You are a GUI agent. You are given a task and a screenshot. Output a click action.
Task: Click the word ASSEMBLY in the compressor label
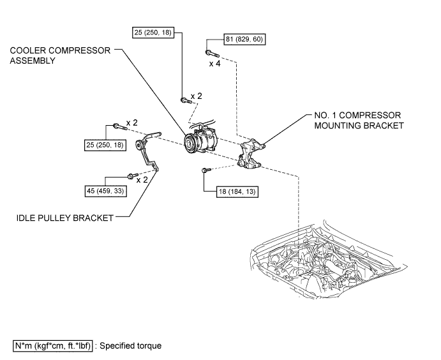pyautogui.click(x=33, y=61)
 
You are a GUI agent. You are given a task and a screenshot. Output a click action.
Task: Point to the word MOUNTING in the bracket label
pyautogui.click(x=334, y=126)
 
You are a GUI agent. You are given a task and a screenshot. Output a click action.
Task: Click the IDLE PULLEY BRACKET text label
pyautogui.click(x=65, y=218)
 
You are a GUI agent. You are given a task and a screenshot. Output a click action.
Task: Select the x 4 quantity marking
pyautogui.click(x=215, y=64)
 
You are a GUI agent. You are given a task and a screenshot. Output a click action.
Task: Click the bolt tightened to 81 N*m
pyautogui.click(x=212, y=53)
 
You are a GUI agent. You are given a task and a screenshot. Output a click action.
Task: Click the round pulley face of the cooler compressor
pyautogui.click(x=190, y=144)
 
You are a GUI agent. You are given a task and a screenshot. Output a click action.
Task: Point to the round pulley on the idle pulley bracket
pyautogui.click(x=139, y=146)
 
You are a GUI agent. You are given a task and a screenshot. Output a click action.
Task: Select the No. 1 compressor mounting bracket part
pyautogui.click(x=251, y=154)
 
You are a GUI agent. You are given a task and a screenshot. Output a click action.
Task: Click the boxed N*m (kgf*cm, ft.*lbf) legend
pyautogui.click(x=52, y=346)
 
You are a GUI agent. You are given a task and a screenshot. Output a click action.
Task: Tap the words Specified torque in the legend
pyautogui.click(x=130, y=346)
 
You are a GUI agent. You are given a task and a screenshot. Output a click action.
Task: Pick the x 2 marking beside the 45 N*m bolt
pyautogui.click(x=142, y=180)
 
